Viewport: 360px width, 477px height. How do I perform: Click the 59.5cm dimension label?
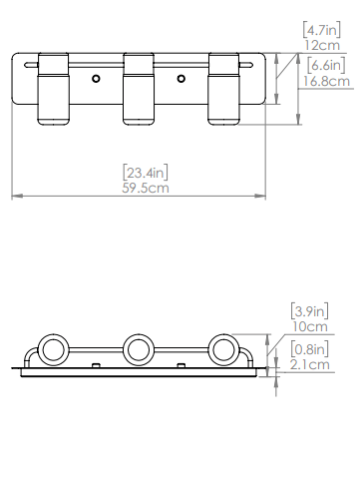(x=146, y=188)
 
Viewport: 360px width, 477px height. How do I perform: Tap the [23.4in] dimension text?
(x=146, y=173)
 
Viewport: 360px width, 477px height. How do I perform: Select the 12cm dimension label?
(x=322, y=45)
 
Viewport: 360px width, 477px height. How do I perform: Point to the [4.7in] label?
(x=322, y=30)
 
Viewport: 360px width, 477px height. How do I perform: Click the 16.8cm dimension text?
(x=326, y=81)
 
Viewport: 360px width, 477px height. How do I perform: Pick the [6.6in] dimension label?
(x=326, y=66)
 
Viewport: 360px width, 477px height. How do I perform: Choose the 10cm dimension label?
(x=310, y=326)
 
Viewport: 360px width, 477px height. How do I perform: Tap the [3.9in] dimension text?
(x=310, y=311)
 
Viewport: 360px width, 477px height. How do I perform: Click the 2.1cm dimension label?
(x=310, y=364)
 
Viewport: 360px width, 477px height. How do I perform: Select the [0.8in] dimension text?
(x=310, y=349)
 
